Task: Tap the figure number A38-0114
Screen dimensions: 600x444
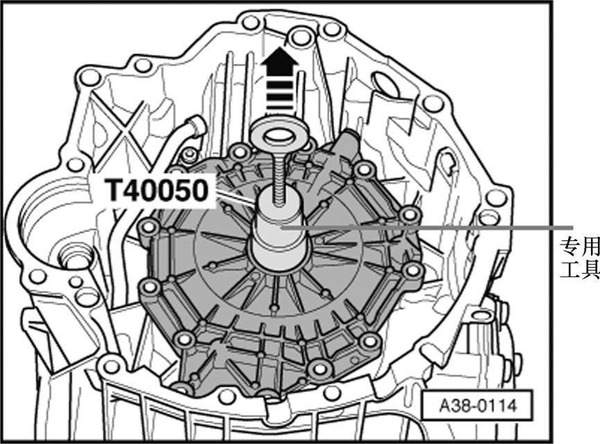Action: point(477,405)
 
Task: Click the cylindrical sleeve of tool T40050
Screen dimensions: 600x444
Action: point(279,229)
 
